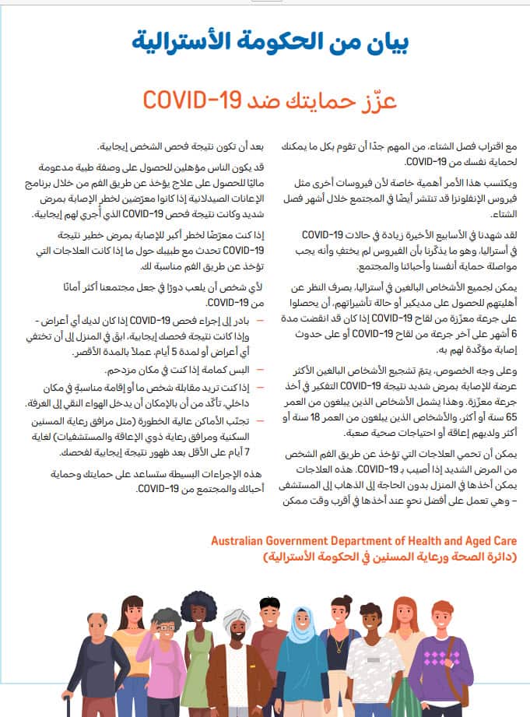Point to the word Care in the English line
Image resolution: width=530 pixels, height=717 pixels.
504,540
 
